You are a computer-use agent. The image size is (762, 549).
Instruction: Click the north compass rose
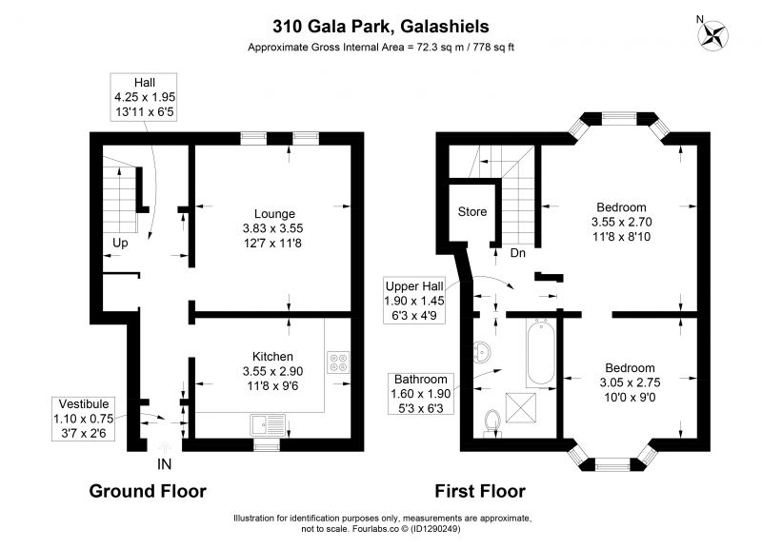pyautogui.click(x=712, y=36)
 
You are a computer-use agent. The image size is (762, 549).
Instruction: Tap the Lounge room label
pyautogui.click(x=274, y=213)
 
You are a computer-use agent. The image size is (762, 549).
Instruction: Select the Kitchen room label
pyautogui.click(x=272, y=356)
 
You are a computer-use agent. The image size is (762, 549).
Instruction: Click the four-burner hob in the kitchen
pyautogui.click(x=338, y=362)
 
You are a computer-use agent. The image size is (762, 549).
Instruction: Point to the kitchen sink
pyautogui.click(x=268, y=425)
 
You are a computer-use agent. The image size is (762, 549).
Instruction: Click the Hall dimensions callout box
pyautogui.click(x=144, y=97)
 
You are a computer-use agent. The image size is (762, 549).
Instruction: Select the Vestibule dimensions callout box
pyautogui.click(x=84, y=419)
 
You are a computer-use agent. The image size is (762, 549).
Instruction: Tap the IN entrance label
pyautogui.click(x=164, y=464)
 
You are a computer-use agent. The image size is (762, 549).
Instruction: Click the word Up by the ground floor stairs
pyautogui.click(x=120, y=243)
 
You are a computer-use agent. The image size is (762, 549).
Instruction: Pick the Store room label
pyautogui.click(x=471, y=211)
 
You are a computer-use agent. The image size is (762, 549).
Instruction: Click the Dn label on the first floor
pyautogui.click(x=517, y=253)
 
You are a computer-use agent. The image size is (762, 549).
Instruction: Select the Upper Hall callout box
pyautogui.click(x=414, y=301)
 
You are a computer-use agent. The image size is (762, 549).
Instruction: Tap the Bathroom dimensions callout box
pyautogui.click(x=421, y=394)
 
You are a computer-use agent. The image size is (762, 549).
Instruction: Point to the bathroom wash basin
pyautogui.click(x=482, y=352)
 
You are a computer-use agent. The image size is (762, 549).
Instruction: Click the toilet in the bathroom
pyautogui.click(x=492, y=422)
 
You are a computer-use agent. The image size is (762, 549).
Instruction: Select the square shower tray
pyautogui.click(x=520, y=408)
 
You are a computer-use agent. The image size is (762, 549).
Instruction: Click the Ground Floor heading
pyautogui.click(x=148, y=491)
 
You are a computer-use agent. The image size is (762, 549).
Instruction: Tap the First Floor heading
pyautogui.click(x=480, y=491)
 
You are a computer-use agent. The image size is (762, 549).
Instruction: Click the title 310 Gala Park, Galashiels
pyautogui.click(x=380, y=27)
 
